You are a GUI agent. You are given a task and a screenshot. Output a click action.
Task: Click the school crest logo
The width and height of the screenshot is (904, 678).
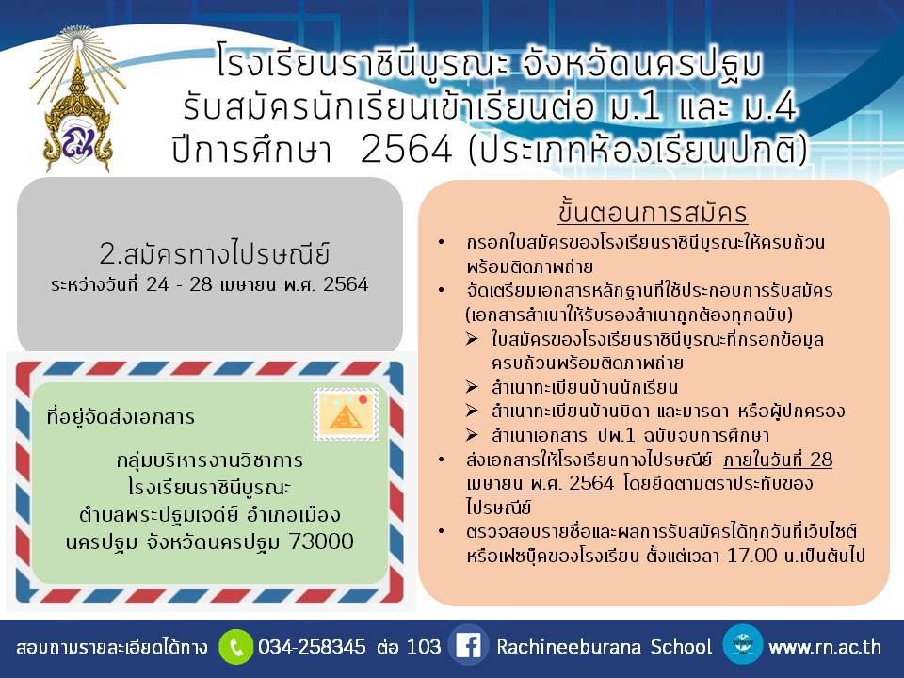coord(78,101)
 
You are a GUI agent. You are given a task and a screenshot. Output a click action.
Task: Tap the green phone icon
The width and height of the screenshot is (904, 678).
coord(235,647)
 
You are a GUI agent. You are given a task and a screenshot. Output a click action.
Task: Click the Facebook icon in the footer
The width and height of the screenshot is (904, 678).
coord(468,646)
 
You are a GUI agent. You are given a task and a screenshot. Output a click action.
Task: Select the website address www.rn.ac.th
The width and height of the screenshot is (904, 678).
coord(825,647)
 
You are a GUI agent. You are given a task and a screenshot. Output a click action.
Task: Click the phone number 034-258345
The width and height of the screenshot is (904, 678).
coord(312,646)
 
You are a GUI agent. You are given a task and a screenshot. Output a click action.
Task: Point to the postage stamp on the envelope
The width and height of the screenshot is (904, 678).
coord(346,414)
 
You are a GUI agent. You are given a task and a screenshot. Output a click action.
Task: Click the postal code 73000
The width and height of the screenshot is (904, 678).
coord(321,541)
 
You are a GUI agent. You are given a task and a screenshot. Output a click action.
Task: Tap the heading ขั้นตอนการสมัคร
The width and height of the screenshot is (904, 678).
coord(653,212)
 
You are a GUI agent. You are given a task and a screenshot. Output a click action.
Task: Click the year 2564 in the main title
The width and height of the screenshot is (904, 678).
coord(407,150)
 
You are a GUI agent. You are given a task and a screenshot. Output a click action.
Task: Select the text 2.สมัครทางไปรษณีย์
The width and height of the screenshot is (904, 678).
coord(215,253)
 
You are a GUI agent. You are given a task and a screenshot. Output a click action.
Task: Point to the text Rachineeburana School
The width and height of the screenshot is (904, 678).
coord(605,646)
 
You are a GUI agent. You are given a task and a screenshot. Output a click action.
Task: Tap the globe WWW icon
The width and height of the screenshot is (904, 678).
coord(743,644)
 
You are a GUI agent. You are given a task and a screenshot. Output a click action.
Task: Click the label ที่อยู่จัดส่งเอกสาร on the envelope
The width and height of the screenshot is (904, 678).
coord(121,416)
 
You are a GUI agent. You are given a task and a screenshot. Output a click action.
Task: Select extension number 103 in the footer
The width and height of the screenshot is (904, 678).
coord(424,646)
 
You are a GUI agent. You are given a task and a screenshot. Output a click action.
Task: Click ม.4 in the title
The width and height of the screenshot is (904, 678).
coord(770,107)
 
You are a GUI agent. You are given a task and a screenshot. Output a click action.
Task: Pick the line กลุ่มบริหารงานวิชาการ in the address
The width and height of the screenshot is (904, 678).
coord(210,460)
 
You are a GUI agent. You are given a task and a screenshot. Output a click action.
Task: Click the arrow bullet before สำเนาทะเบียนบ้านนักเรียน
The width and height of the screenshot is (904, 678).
coord(472,387)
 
